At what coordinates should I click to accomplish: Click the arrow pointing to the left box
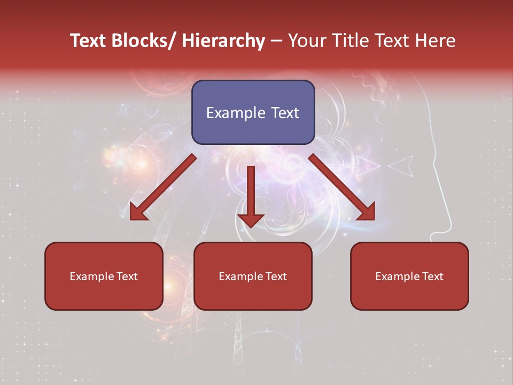point(163,187)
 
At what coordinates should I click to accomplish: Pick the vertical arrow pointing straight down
point(251,195)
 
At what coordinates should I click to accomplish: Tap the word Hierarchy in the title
point(223,41)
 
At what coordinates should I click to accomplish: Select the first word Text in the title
point(88,41)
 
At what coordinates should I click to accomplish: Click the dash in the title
point(276,41)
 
